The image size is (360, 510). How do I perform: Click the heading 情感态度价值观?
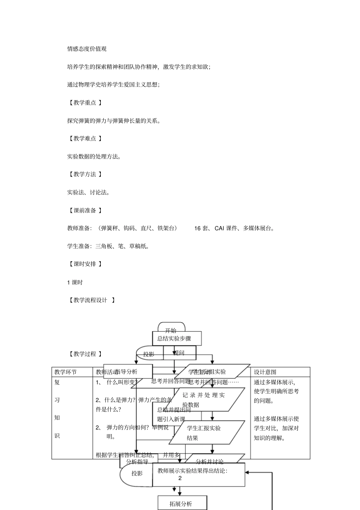[x=87, y=49]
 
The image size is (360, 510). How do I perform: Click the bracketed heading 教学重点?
[x=85, y=102]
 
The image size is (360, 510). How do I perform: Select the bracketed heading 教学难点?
[x=85, y=138]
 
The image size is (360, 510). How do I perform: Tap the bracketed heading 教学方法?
[x=85, y=174]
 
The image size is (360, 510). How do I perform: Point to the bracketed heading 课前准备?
[x=85, y=210]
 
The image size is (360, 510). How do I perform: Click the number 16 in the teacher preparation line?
[x=197, y=228]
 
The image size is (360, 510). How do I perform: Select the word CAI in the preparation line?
[x=219, y=228]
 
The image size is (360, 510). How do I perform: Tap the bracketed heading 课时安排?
[x=85, y=264]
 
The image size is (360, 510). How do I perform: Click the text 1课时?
[x=75, y=282]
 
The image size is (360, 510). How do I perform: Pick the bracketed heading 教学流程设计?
[x=91, y=300]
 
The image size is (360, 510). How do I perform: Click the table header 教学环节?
[x=66, y=372]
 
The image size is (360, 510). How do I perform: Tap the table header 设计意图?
[x=265, y=372]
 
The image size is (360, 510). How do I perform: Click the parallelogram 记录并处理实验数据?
[x=207, y=400]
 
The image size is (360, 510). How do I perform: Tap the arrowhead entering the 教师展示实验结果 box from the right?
[x=247, y=472]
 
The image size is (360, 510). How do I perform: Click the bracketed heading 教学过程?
[x=85, y=354]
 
